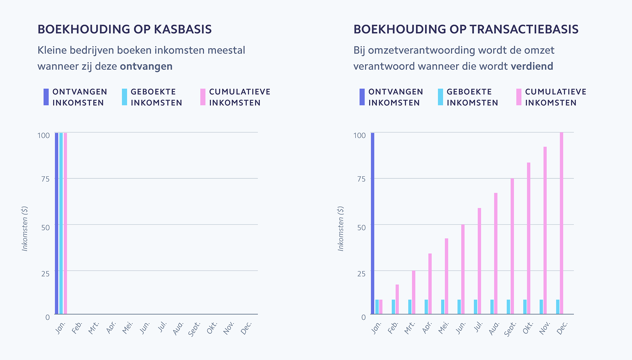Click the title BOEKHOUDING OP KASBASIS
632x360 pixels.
pyautogui.click(x=125, y=29)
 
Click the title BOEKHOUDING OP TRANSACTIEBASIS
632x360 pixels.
pyautogui.click(x=466, y=29)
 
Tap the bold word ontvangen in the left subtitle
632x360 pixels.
pyautogui.click(x=146, y=66)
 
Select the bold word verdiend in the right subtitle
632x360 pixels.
pyautogui.click(x=532, y=66)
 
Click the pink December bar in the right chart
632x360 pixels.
pyautogui.click(x=562, y=223)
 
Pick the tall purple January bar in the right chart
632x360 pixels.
pyautogui.click(x=373, y=223)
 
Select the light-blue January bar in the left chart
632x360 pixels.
pyautogui.click(x=61, y=223)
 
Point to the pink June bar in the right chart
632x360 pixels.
pyautogui.click(x=463, y=269)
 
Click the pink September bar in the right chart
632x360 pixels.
pyautogui.click(x=512, y=246)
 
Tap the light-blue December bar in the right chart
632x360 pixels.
pyautogui.click(x=558, y=307)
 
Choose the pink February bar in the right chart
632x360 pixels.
pyautogui.click(x=397, y=299)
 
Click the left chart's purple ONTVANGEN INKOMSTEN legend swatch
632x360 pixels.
pyautogui.click(x=46, y=97)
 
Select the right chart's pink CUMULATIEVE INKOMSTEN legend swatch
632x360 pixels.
pyautogui.click(x=519, y=97)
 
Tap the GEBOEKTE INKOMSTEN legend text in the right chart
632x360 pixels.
pyautogui.click(x=472, y=97)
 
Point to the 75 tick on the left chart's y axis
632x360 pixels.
pyautogui.click(x=46, y=179)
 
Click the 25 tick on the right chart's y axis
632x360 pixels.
pyautogui.click(x=362, y=274)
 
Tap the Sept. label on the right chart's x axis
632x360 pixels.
pyautogui.click(x=510, y=329)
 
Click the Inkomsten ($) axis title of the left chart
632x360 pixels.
pyautogui.click(x=25, y=229)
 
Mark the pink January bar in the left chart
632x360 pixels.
pyautogui.click(x=65, y=223)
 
